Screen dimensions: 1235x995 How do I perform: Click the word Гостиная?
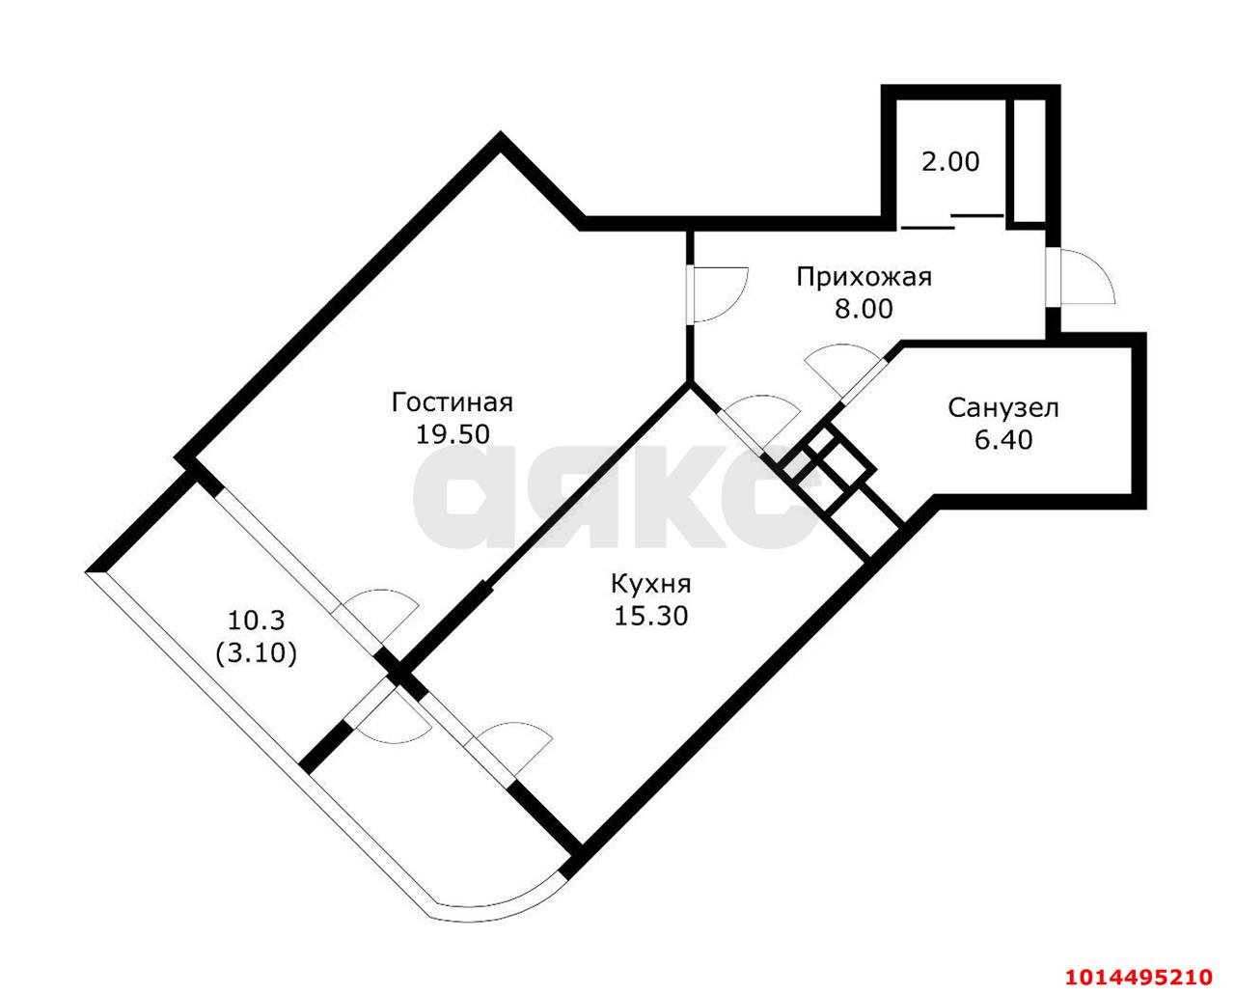(453, 403)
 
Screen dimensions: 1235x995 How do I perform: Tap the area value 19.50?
(453, 435)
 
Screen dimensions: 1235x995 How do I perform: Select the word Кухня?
(650, 585)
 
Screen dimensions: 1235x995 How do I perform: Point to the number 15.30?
(650, 617)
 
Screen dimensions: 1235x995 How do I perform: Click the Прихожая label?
(864, 278)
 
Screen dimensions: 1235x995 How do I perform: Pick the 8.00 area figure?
(864, 310)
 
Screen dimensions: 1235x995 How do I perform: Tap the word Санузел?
(1003, 409)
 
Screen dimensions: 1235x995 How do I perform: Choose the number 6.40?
(1003, 440)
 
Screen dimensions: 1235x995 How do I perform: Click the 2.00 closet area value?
(950, 162)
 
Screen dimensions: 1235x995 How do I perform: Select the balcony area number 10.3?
(256, 621)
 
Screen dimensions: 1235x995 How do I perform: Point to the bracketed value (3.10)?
(256, 653)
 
